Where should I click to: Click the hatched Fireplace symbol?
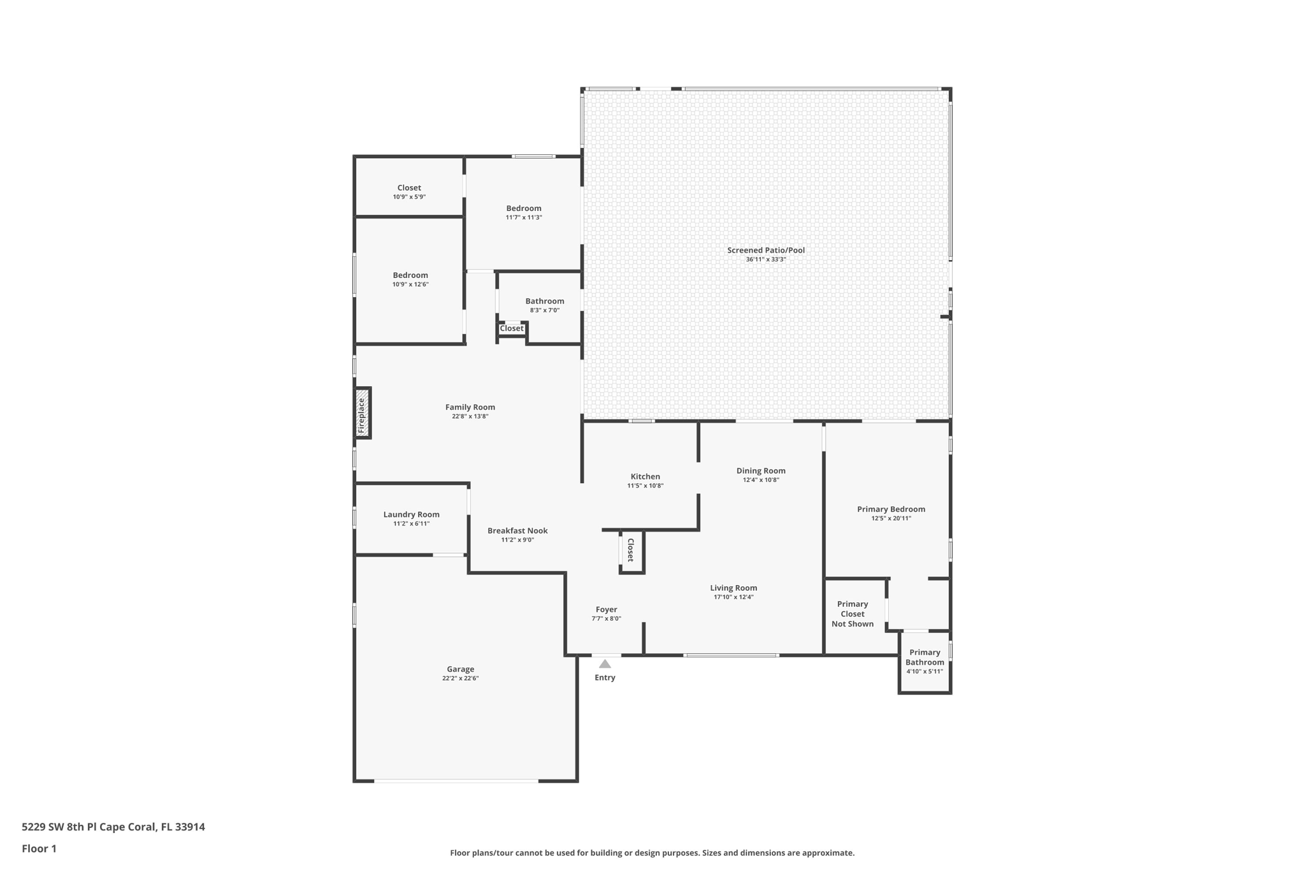[x=363, y=412]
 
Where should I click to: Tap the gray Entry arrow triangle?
[x=605, y=664]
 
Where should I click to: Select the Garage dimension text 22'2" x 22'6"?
[x=460, y=678]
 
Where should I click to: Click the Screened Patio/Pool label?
[x=765, y=250]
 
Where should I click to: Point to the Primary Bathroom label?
[x=924, y=657]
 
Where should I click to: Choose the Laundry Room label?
[x=411, y=514]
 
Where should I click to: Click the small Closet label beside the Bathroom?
[x=511, y=328]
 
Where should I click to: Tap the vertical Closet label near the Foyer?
[x=631, y=550]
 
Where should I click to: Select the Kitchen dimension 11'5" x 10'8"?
[x=645, y=486]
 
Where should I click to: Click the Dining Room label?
[x=761, y=470]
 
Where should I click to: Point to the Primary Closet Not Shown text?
[x=852, y=614]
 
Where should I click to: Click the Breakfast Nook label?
[x=517, y=530]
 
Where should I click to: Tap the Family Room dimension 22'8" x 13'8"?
[x=470, y=416]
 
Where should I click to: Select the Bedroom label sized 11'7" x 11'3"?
[x=524, y=208]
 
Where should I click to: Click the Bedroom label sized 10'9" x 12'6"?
[x=410, y=275]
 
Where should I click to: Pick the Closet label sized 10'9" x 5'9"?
[x=409, y=187]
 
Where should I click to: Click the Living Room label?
[x=733, y=588]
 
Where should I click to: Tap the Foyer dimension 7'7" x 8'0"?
[x=606, y=618]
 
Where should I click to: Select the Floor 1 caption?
[x=39, y=848]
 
